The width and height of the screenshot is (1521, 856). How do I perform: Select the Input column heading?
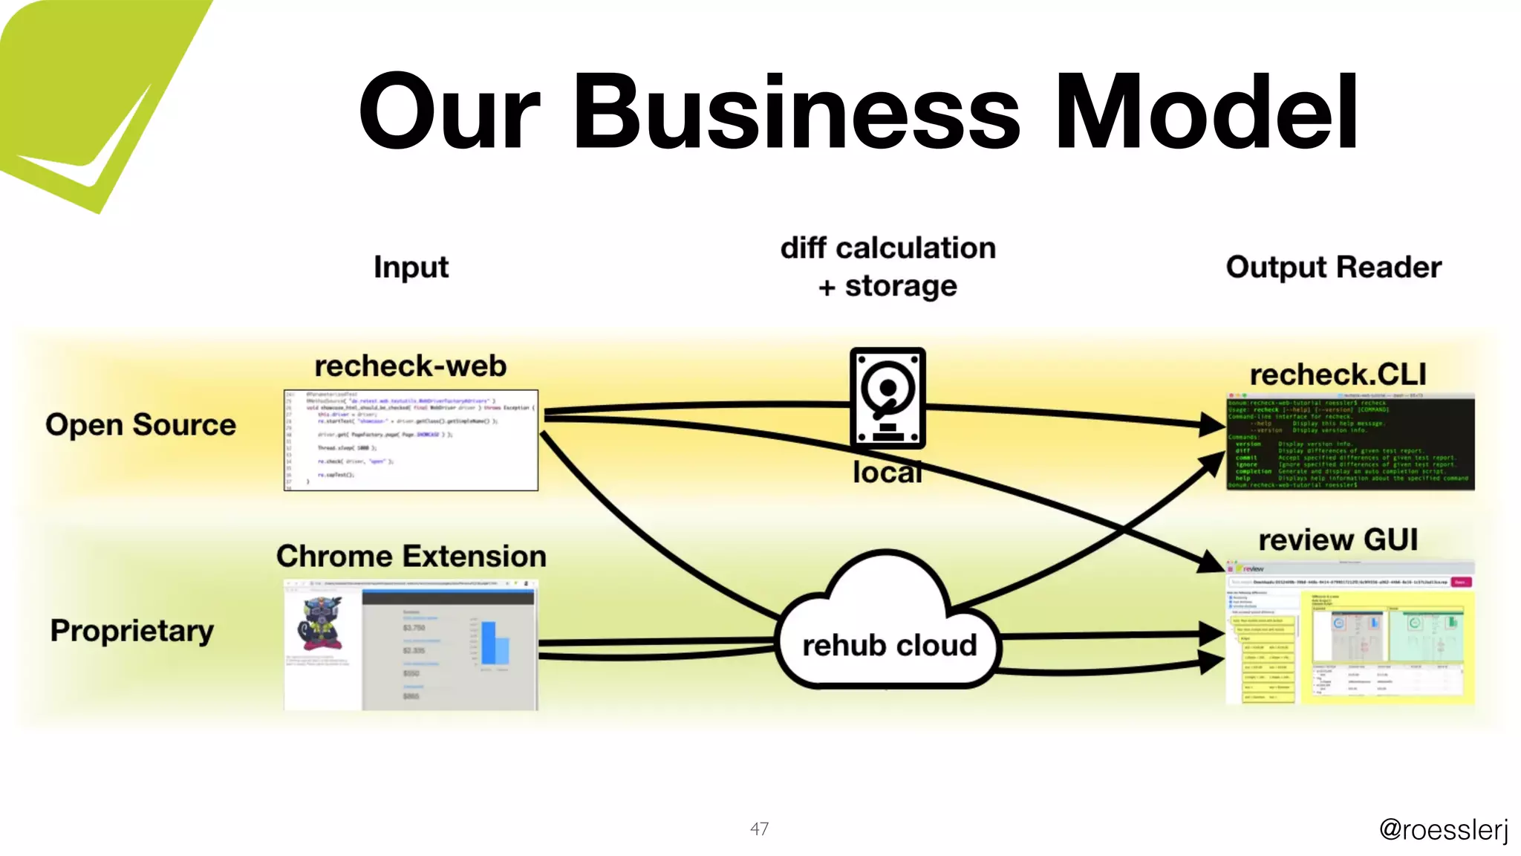point(411,267)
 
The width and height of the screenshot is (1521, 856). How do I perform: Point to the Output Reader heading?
point(1333,267)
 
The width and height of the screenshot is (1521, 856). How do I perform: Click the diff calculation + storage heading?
point(887,267)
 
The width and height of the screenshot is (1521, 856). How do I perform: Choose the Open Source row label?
point(140,425)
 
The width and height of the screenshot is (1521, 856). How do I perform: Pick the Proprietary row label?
point(132,631)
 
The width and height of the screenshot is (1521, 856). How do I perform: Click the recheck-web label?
point(410,366)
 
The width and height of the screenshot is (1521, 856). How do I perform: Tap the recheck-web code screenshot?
point(411,440)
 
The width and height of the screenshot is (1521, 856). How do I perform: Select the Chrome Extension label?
point(411,557)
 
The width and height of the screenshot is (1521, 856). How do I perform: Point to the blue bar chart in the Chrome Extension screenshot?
point(494,643)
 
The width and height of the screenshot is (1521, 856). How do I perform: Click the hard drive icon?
point(887,398)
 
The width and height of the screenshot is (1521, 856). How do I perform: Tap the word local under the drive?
point(887,473)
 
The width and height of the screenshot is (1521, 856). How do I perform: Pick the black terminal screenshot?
point(1349,443)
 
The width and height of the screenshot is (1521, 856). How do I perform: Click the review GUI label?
point(1338,540)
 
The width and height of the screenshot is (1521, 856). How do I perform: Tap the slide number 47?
point(759,829)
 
